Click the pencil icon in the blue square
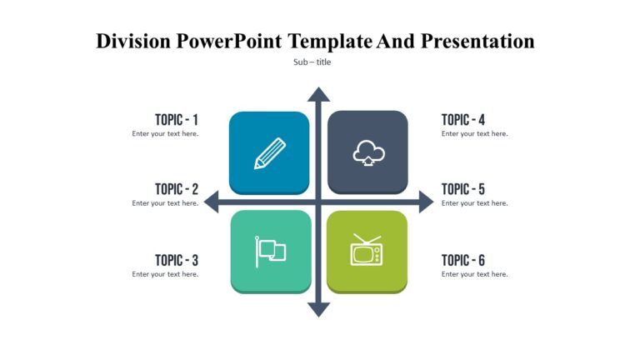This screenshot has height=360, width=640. pyautogui.click(x=269, y=154)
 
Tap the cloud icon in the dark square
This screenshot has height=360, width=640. pyautogui.click(x=367, y=153)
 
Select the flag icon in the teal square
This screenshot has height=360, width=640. pyautogui.click(x=270, y=251)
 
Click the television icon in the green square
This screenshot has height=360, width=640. pyautogui.click(x=367, y=250)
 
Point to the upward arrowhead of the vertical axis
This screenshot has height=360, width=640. pyautogui.click(x=318, y=94)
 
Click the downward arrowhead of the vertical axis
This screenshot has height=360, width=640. pyautogui.click(x=318, y=309)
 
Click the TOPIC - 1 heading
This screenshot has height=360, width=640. pyautogui.click(x=176, y=119)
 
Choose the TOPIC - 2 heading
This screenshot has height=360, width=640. pyautogui.click(x=176, y=189)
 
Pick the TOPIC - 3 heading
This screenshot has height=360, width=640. pyautogui.click(x=176, y=260)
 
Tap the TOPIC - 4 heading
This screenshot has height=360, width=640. pyautogui.click(x=463, y=119)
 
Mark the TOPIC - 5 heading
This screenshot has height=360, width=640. pyautogui.click(x=463, y=189)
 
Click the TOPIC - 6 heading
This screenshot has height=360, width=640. pyautogui.click(x=463, y=260)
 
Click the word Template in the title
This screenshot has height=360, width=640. pyautogui.click(x=329, y=41)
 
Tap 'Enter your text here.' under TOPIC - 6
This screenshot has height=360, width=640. pyautogui.click(x=474, y=274)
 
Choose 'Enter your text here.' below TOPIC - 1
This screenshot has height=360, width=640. pyautogui.click(x=165, y=133)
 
